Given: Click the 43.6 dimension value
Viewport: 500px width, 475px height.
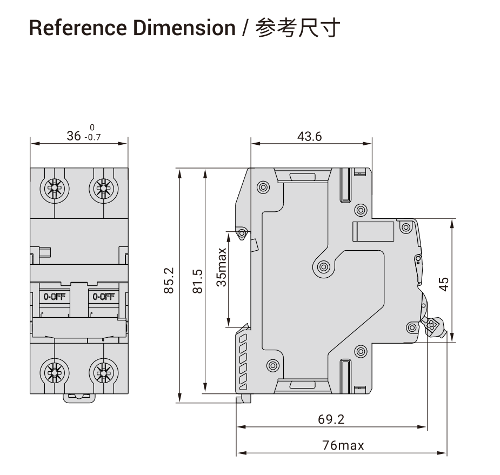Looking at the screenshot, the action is pyautogui.click(x=309, y=136).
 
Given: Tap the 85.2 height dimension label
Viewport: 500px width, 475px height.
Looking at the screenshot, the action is pyautogui.click(x=169, y=280).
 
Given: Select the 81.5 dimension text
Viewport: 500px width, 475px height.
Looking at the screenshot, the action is pyautogui.click(x=198, y=281).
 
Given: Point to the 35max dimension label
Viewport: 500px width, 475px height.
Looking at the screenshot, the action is pyautogui.click(x=221, y=267).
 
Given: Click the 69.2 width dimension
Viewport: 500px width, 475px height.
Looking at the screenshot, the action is pyautogui.click(x=331, y=419).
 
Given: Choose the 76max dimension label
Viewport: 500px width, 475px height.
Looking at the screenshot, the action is pyautogui.click(x=343, y=445).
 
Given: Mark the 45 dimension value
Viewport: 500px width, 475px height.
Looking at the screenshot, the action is pyautogui.click(x=444, y=284).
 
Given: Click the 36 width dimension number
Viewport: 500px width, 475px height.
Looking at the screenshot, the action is pyautogui.click(x=74, y=136).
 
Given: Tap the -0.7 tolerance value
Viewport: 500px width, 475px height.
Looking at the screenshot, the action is pyautogui.click(x=92, y=137).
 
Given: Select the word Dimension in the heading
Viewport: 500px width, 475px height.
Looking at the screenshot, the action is pyautogui.click(x=184, y=28).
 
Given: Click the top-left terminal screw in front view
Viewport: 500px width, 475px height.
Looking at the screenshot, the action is pyautogui.click(x=55, y=189).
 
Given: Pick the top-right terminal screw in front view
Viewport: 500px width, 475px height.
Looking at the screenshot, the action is pyautogui.click(x=104, y=189).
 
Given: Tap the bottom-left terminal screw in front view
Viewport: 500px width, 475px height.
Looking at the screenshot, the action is pyautogui.click(x=55, y=372).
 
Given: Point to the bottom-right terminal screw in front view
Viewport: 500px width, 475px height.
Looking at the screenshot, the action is pyautogui.click(x=104, y=372).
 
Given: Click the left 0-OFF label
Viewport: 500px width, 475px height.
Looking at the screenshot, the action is pyautogui.click(x=55, y=297).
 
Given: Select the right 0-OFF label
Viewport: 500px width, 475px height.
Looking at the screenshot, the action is pyautogui.click(x=104, y=297).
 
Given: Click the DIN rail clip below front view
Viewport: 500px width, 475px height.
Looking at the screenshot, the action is pyautogui.click(x=79, y=398).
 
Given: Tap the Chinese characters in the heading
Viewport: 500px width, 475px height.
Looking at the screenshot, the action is pyautogui.click(x=297, y=28).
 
